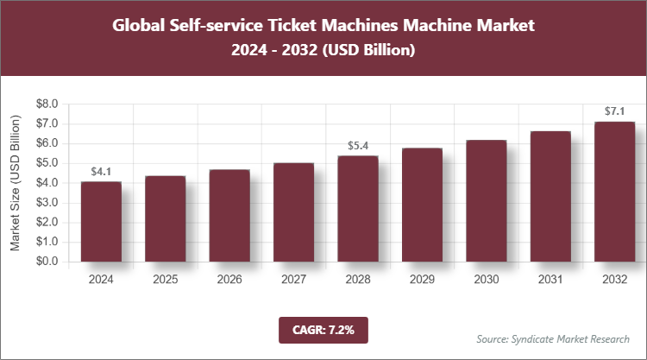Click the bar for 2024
pos(101,222)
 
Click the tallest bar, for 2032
pos(614,192)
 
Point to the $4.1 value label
pos(101,173)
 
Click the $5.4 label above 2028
pos(357,147)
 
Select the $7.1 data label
pos(614,112)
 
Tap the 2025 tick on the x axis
pos(165,279)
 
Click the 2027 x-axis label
pos(293,279)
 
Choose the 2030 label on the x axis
pos(486,279)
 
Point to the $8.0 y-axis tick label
pos(46,104)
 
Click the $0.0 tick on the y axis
pos(46,262)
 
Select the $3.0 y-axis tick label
pos(46,202)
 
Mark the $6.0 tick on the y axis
pos(46,143)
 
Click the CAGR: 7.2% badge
pos(323,329)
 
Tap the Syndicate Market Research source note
pos(552,338)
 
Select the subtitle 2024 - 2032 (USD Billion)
pos(323,51)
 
